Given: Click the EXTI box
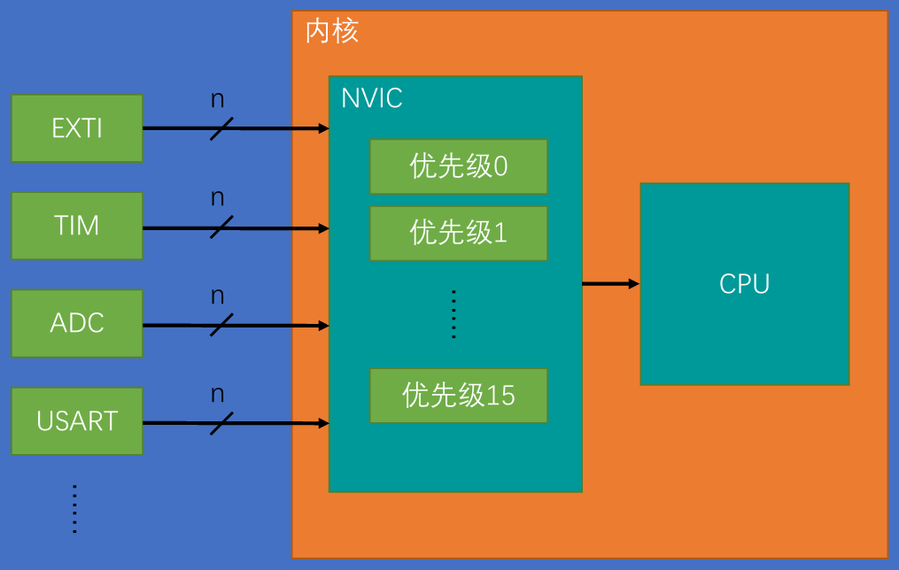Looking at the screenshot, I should click(x=77, y=128).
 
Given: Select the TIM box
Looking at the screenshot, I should click(x=77, y=226).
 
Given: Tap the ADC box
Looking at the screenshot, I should click(x=77, y=323).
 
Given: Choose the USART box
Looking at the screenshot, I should click(x=77, y=421).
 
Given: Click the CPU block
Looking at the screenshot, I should click(x=744, y=284).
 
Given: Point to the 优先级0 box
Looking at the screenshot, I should click(x=458, y=166).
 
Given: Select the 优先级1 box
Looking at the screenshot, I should click(x=458, y=233).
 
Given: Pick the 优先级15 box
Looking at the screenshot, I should click(x=458, y=395).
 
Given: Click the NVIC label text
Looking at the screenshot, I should click(x=372, y=97).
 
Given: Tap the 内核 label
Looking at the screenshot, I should click(x=332, y=33).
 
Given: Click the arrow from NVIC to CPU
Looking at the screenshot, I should click(x=610, y=284).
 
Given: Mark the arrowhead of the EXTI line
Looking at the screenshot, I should click(x=323, y=128).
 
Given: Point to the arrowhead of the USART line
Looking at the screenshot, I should click(x=323, y=423).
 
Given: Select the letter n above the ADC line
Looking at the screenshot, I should click(x=218, y=296).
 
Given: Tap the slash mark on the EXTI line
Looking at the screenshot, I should click(x=221, y=128).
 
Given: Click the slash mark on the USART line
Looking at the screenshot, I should click(x=221, y=423).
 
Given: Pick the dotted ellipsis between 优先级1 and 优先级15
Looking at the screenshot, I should click(x=453, y=313).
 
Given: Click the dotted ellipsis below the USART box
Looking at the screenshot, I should click(x=75, y=509).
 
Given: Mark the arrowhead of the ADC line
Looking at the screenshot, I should click(x=323, y=326).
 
